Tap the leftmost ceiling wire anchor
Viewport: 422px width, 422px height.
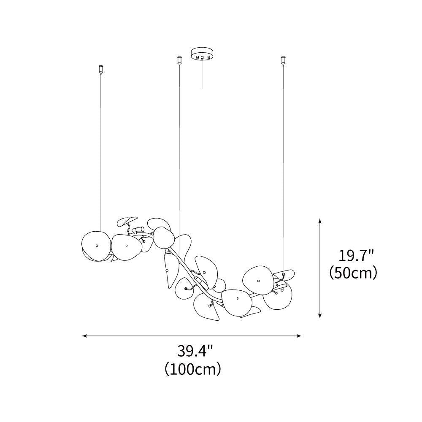click(x=101, y=70)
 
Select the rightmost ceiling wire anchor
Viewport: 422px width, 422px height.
click(x=283, y=60)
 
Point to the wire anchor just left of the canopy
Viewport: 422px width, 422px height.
click(x=179, y=60)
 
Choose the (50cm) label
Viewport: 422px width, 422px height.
click(x=353, y=273)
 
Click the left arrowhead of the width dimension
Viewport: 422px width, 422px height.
click(x=84, y=335)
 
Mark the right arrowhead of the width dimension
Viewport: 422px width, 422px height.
click(x=298, y=335)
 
